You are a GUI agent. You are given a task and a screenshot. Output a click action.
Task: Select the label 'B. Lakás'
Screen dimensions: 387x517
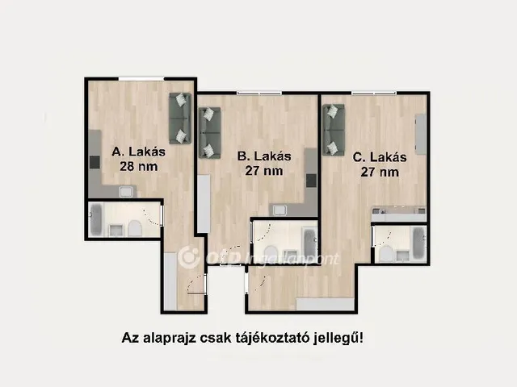tap(263, 156)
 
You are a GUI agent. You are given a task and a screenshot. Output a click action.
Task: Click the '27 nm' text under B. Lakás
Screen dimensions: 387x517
tap(265, 171)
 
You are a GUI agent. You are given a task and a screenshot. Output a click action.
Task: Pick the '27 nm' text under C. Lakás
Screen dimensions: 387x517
tap(380, 173)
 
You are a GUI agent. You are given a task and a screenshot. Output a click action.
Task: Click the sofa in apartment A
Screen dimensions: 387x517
tap(180, 119)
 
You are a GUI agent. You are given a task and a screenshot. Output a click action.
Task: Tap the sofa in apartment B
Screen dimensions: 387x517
tap(209, 133)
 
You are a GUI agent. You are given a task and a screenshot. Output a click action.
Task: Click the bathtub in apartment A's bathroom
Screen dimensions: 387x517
tap(96, 220)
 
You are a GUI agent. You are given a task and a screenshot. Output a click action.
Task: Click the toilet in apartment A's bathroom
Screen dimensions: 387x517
tap(135, 230)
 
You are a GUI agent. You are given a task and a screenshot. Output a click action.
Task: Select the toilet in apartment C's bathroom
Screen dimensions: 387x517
tap(386, 253)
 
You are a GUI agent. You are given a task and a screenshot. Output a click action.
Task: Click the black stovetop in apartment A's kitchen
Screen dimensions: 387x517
tap(95, 161)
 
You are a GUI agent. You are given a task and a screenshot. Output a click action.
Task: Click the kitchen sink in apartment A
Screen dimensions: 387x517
tap(125, 192)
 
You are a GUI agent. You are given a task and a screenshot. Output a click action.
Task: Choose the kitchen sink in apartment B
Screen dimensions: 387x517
tap(279, 210)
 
